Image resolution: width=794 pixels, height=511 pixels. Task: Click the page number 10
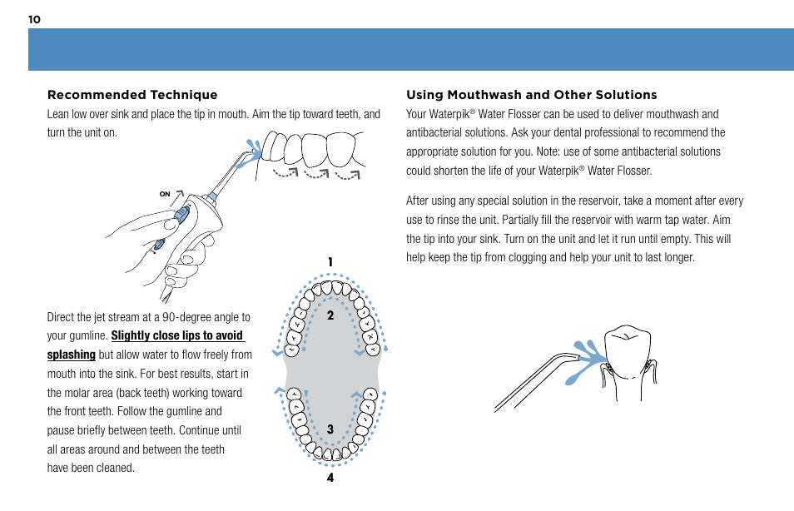click(x=34, y=19)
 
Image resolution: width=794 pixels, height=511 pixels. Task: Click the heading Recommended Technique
click(x=132, y=95)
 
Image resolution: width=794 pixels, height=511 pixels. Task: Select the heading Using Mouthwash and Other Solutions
click(x=531, y=95)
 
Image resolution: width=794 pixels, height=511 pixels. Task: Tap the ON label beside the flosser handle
click(x=165, y=194)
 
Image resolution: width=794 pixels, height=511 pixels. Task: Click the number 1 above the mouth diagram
click(x=330, y=262)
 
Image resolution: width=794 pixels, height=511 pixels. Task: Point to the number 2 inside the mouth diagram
click(x=330, y=315)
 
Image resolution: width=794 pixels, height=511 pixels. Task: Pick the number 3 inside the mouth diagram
click(x=330, y=429)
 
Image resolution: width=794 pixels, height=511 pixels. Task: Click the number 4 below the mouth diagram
click(x=330, y=478)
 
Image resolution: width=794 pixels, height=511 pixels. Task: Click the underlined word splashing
click(x=71, y=355)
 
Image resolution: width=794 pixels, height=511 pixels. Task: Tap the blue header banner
click(x=410, y=50)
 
